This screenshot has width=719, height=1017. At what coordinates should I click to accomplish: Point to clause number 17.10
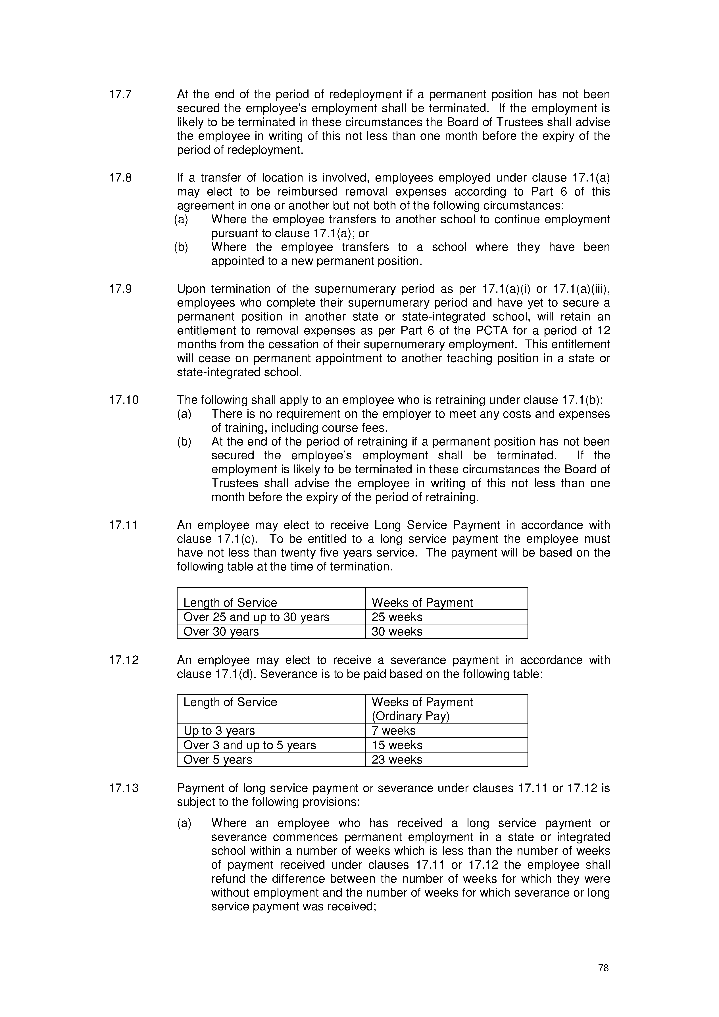coord(124,400)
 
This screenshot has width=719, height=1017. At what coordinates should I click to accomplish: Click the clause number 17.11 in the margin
coord(124,525)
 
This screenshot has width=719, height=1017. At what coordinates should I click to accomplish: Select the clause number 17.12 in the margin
coord(124,660)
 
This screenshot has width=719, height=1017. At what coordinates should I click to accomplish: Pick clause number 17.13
coord(124,788)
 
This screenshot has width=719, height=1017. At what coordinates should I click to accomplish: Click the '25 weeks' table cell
coord(397,617)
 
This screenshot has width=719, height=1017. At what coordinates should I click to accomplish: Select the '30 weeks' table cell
coord(397,631)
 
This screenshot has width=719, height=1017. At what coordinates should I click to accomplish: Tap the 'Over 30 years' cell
coord(221,631)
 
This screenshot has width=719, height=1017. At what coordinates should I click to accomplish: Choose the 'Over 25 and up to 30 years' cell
coord(257,617)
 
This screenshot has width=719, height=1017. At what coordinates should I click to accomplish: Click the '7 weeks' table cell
coord(393,730)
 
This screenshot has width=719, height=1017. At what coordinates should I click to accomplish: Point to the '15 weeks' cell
coord(397,745)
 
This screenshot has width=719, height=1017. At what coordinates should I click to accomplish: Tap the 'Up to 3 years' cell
coord(219,730)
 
